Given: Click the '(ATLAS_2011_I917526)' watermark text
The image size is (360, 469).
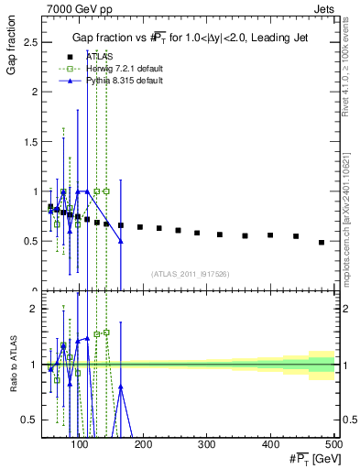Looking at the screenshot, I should tap(190, 274).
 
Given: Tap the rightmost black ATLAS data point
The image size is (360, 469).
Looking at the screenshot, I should tap(322, 243).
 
